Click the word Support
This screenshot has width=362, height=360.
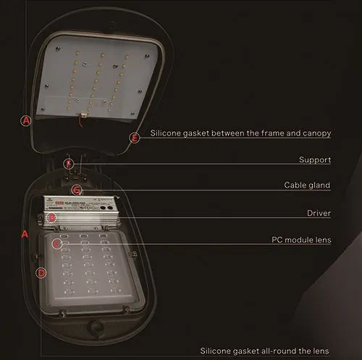tap(315, 159)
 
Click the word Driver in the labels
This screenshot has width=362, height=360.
tap(319, 213)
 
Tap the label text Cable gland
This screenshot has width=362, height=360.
tap(307, 185)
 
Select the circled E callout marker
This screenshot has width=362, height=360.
tap(133, 136)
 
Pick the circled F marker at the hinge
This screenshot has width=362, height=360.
tap(69, 164)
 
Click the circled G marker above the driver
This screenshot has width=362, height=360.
tap(77, 191)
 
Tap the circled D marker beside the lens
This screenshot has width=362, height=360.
tap(41, 272)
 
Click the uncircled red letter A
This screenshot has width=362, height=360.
tap(25, 234)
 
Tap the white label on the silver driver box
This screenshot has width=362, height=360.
tap(80, 203)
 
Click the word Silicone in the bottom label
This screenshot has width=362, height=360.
tap(217, 351)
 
